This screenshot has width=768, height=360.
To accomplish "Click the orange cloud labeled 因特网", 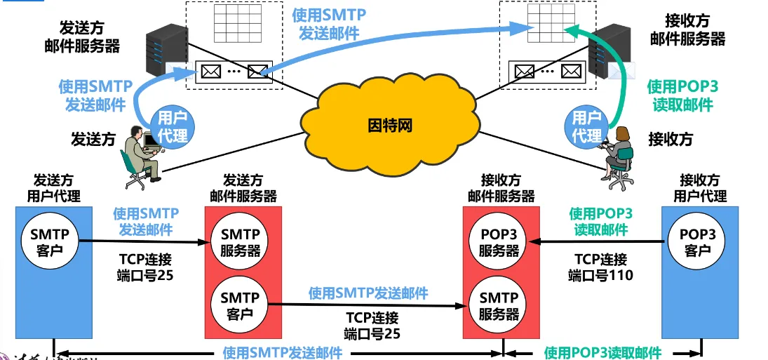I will coord(389,126).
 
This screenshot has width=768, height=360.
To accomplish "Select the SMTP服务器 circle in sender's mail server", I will coord(241,241).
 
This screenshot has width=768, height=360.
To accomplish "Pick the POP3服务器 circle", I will coord(499,241).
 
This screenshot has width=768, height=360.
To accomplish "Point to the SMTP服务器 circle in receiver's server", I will coord(499,305).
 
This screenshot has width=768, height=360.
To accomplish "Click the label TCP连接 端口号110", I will coord(600,267).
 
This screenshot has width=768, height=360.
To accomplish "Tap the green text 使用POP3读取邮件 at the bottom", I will coord(602,352).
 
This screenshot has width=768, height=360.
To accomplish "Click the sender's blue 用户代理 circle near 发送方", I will coord(173,126).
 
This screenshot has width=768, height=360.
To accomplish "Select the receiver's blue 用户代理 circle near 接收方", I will coord(587,126).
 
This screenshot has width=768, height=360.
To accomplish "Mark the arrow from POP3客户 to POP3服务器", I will coord(595,242).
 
